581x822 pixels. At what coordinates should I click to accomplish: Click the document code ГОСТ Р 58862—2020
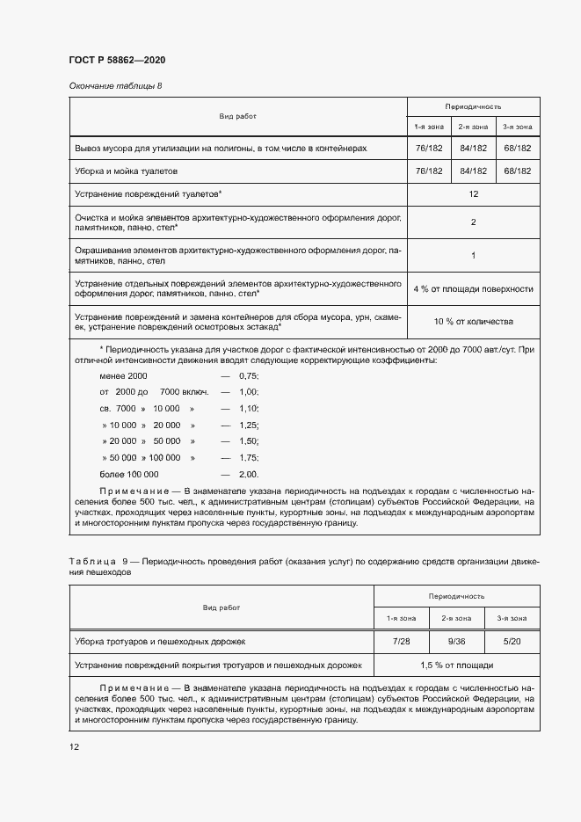point(117,60)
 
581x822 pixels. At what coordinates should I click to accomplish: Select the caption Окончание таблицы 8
point(115,85)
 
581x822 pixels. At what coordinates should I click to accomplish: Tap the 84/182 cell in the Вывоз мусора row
point(473,149)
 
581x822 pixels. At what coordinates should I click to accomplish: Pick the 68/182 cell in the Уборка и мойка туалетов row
point(516,171)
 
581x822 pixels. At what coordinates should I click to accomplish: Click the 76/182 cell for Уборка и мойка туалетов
point(428,171)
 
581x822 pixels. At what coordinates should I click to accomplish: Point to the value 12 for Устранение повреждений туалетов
point(473,193)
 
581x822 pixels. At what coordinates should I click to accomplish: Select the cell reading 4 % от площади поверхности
point(473,288)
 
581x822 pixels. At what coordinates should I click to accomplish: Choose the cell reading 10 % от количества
point(473,322)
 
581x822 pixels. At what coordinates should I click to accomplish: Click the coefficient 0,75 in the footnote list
point(249,375)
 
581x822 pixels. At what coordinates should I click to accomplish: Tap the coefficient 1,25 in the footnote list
point(249,425)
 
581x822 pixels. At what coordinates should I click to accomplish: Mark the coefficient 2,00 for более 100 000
point(249,474)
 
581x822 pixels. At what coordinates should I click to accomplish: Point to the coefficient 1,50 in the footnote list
point(249,441)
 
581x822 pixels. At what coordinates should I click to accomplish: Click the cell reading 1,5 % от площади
point(456,665)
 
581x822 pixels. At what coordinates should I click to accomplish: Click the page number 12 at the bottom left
point(74,746)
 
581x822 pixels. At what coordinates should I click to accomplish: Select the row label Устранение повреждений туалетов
point(148,193)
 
